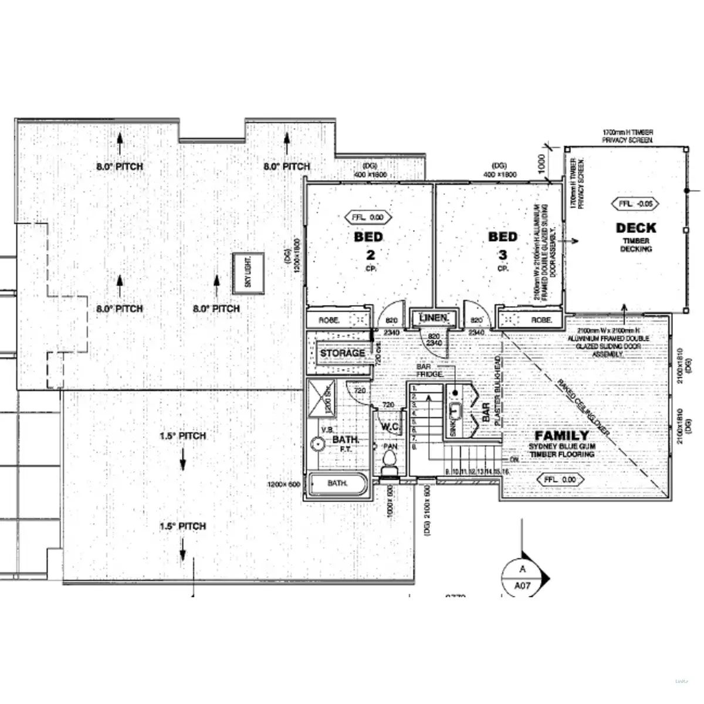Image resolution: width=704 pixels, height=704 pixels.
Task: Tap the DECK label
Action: tap(636, 228)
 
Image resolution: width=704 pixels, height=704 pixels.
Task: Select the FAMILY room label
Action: tap(561, 436)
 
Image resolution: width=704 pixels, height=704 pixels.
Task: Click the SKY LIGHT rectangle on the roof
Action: tap(248, 273)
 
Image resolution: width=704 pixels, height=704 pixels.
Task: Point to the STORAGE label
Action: tap(342, 353)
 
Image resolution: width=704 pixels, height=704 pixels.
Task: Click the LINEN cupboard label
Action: tap(434, 318)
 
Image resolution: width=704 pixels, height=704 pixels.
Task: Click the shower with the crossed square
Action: tap(321, 396)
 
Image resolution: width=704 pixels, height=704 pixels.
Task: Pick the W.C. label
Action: tap(390, 427)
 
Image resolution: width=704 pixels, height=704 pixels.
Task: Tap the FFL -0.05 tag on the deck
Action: tap(635, 204)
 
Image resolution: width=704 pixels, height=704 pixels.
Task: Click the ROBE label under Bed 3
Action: tap(540, 320)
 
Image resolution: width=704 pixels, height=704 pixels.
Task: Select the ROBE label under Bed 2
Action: tap(327, 320)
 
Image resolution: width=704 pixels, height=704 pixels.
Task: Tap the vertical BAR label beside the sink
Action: tap(486, 412)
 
